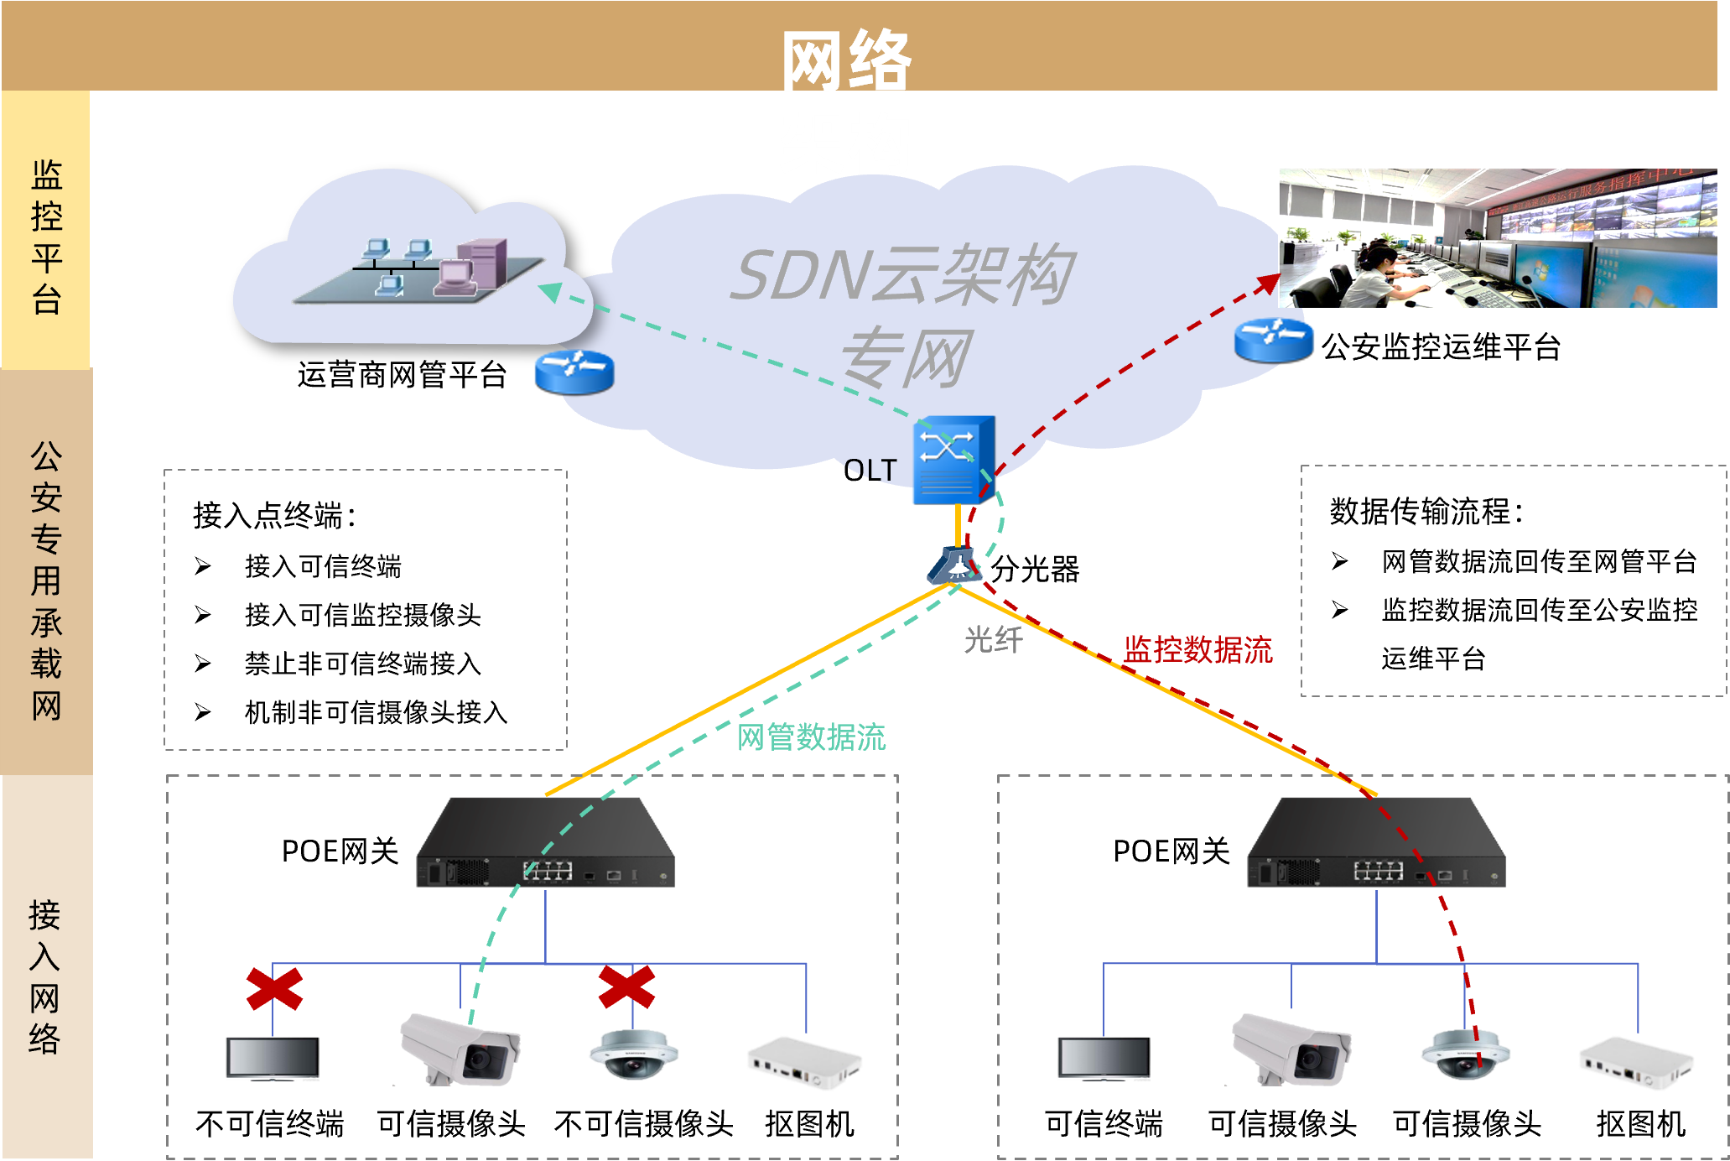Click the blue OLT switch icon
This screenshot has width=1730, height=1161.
click(x=953, y=460)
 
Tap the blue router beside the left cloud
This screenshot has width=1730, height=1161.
click(x=574, y=372)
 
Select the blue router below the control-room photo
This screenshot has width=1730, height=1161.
click(x=1274, y=339)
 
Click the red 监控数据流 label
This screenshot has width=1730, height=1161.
click(x=1197, y=650)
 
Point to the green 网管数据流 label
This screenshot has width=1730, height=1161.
click(x=811, y=737)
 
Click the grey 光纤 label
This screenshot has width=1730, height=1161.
click(x=993, y=640)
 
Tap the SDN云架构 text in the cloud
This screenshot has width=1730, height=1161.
click(x=902, y=275)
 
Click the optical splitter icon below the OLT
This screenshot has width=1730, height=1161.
click(x=954, y=566)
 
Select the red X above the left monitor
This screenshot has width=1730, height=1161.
click(x=274, y=988)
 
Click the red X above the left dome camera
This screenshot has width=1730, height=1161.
click(x=626, y=987)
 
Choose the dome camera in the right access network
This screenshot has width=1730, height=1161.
click(x=1465, y=1055)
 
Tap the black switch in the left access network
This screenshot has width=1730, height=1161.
click(x=546, y=842)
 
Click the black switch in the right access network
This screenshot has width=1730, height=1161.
click(x=1377, y=842)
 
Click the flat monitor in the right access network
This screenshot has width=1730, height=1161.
click(x=1104, y=1059)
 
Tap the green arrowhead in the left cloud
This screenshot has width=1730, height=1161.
click(x=551, y=292)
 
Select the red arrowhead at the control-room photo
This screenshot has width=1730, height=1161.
click(x=1267, y=284)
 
